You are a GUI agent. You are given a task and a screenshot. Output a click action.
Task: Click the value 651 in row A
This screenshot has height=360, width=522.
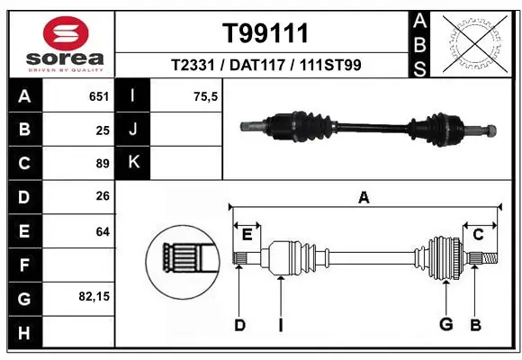pyautogui.click(x=98, y=96)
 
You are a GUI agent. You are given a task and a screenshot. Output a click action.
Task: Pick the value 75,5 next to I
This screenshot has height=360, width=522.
pyautogui.click(x=207, y=96)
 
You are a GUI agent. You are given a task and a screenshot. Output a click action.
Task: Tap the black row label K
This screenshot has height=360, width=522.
pyautogui.click(x=133, y=163)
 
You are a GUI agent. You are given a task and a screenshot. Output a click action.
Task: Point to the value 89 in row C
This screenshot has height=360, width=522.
pyautogui.click(x=102, y=163)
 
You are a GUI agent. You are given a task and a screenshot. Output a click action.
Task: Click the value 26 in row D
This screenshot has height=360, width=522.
pyautogui.click(x=102, y=196)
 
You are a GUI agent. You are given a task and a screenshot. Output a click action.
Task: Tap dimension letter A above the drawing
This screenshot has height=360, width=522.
pyautogui.click(x=364, y=197)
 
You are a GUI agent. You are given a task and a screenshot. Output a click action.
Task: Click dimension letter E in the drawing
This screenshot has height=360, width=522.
pyautogui.click(x=247, y=236)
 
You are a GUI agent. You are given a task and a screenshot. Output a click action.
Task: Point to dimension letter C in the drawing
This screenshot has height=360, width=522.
pyautogui.click(x=478, y=236)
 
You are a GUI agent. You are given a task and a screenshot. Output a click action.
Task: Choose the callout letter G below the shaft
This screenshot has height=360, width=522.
pyautogui.click(x=445, y=324)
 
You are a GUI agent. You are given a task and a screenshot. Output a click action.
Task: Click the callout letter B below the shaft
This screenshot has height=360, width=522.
pyautogui.click(x=476, y=324)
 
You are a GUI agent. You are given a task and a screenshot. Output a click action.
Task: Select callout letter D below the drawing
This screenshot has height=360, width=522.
pyautogui.click(x=239, y=325)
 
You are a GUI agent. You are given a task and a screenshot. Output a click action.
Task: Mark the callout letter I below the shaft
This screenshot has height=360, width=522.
pyautogui.click(x=280, y=325)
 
